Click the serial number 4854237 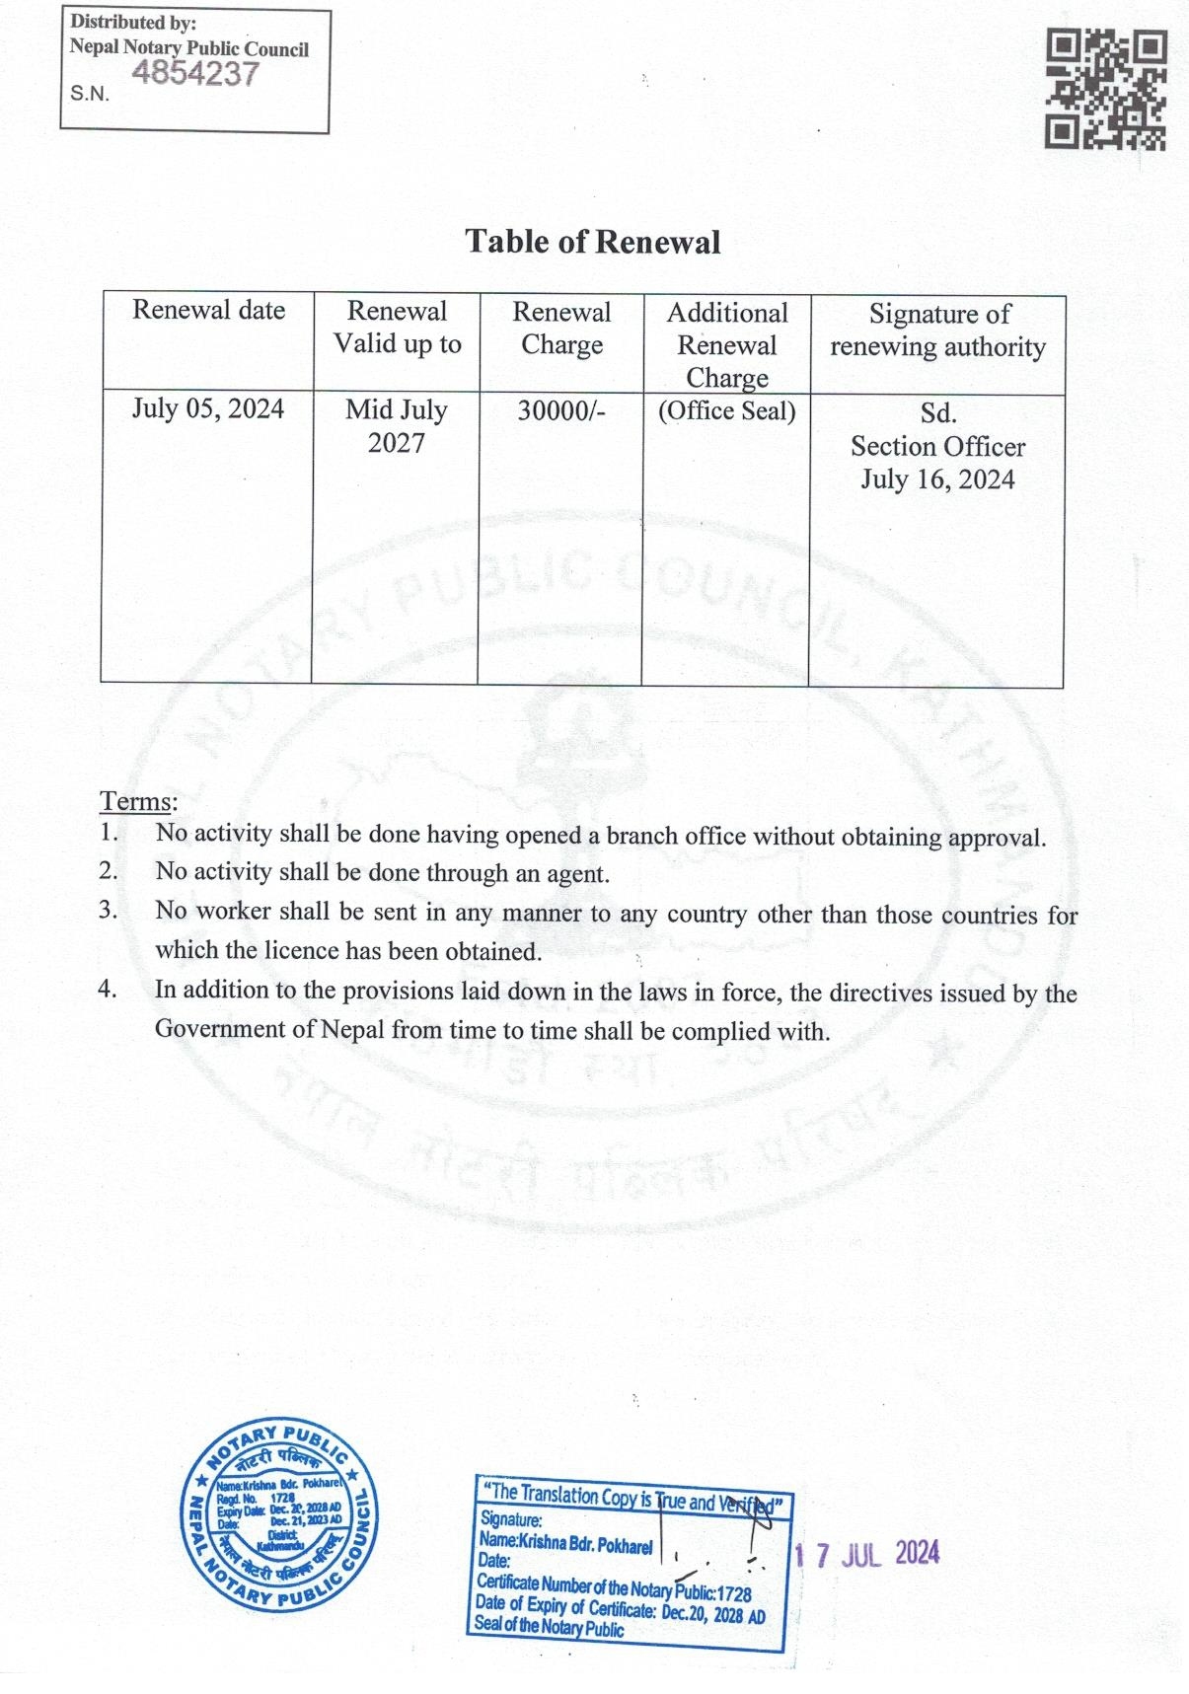(195, 74)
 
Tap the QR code (1106, 90)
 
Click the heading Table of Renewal (593, 242)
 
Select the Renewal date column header (208, 310)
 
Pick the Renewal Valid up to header (397, 328)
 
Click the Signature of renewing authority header (937, 330)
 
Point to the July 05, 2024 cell (208, 408)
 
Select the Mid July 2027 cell (396, 426)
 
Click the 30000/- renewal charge (560, 410)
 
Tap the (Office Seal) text (727, 410)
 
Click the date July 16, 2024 (937, 479)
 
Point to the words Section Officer (937, 447)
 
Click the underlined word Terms (137, 801)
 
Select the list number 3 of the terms (108, 910)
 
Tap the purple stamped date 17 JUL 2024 (867, 1554)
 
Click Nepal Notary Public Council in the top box (188, 48)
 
